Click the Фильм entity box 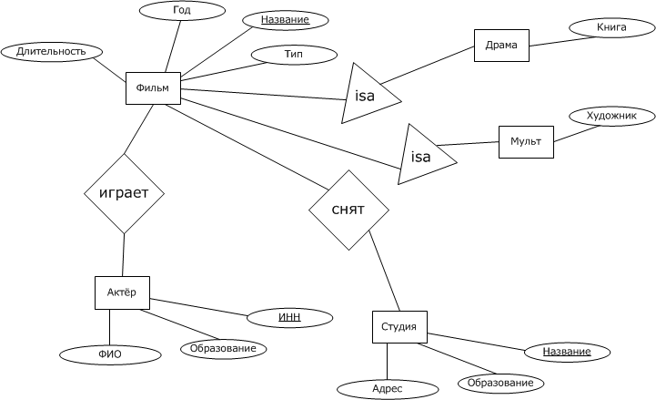tap(152, 87)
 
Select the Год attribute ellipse tap(181, 11)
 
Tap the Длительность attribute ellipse tap(50, 52)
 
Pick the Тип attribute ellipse tap(293, 56)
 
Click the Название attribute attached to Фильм tap(285, 20)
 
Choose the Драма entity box tap(501, 45)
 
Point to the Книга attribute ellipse tap(611, 28)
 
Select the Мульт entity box tap(526, 142)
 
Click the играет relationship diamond tap(124, 193)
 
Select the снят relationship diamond tap(348, 210)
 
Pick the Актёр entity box tap(122, 292)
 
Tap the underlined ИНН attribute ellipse tap(289, 317)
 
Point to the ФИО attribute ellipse tap(110, 354)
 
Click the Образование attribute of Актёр tap(223, 348)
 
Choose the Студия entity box tap(399, 327)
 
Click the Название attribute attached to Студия tap(567, 352)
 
